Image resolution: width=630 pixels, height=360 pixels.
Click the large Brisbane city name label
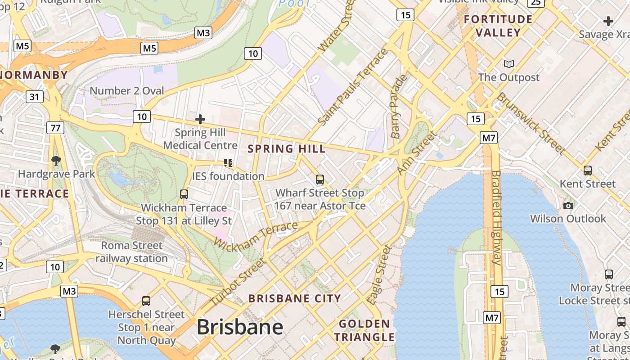(240, 327)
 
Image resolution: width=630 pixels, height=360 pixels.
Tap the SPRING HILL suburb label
(287, 149)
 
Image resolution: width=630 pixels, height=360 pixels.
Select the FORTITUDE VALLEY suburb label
(498, 26)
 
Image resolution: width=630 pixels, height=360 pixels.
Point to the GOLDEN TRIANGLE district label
(364, 330)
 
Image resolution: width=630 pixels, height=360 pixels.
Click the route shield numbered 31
(35, 96)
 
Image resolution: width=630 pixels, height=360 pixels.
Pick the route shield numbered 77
(55, 128)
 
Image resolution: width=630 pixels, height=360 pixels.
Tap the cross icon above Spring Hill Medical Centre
(200, 119)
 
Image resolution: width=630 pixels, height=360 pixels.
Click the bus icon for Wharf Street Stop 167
(320, 180)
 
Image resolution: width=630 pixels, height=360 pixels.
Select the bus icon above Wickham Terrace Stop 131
(184, 194)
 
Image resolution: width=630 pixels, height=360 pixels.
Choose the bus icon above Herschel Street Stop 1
(146, 301)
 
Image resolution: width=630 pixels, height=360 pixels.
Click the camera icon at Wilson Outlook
(568, 206)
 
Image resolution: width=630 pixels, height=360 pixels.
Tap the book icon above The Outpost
(509, 64)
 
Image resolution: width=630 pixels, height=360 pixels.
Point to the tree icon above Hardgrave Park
(56, 160)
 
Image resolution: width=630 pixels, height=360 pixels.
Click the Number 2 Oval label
(127, 91)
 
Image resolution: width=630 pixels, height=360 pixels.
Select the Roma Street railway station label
(131, 252)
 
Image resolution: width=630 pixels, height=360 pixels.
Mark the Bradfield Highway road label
(496, 217)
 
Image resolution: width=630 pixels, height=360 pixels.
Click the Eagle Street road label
(379, 274)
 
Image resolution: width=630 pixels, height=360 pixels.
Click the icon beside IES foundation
(228, 162)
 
